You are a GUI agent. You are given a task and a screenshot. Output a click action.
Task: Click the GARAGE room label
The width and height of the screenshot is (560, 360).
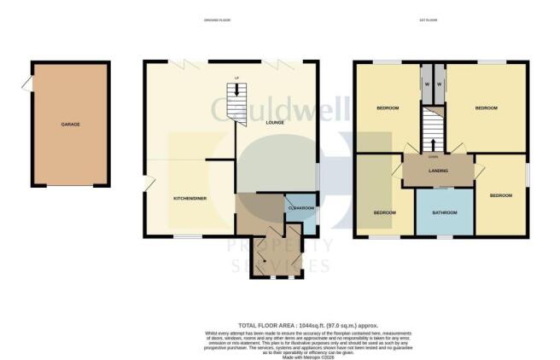(x=70, y=125)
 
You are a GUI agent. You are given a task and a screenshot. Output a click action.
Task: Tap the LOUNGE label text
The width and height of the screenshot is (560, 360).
(x=275, y=123)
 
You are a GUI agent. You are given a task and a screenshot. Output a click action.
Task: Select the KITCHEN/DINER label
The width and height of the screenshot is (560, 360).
(x=191, y=199)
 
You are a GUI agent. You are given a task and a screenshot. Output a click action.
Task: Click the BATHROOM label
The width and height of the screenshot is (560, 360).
(x=445, y=212)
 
